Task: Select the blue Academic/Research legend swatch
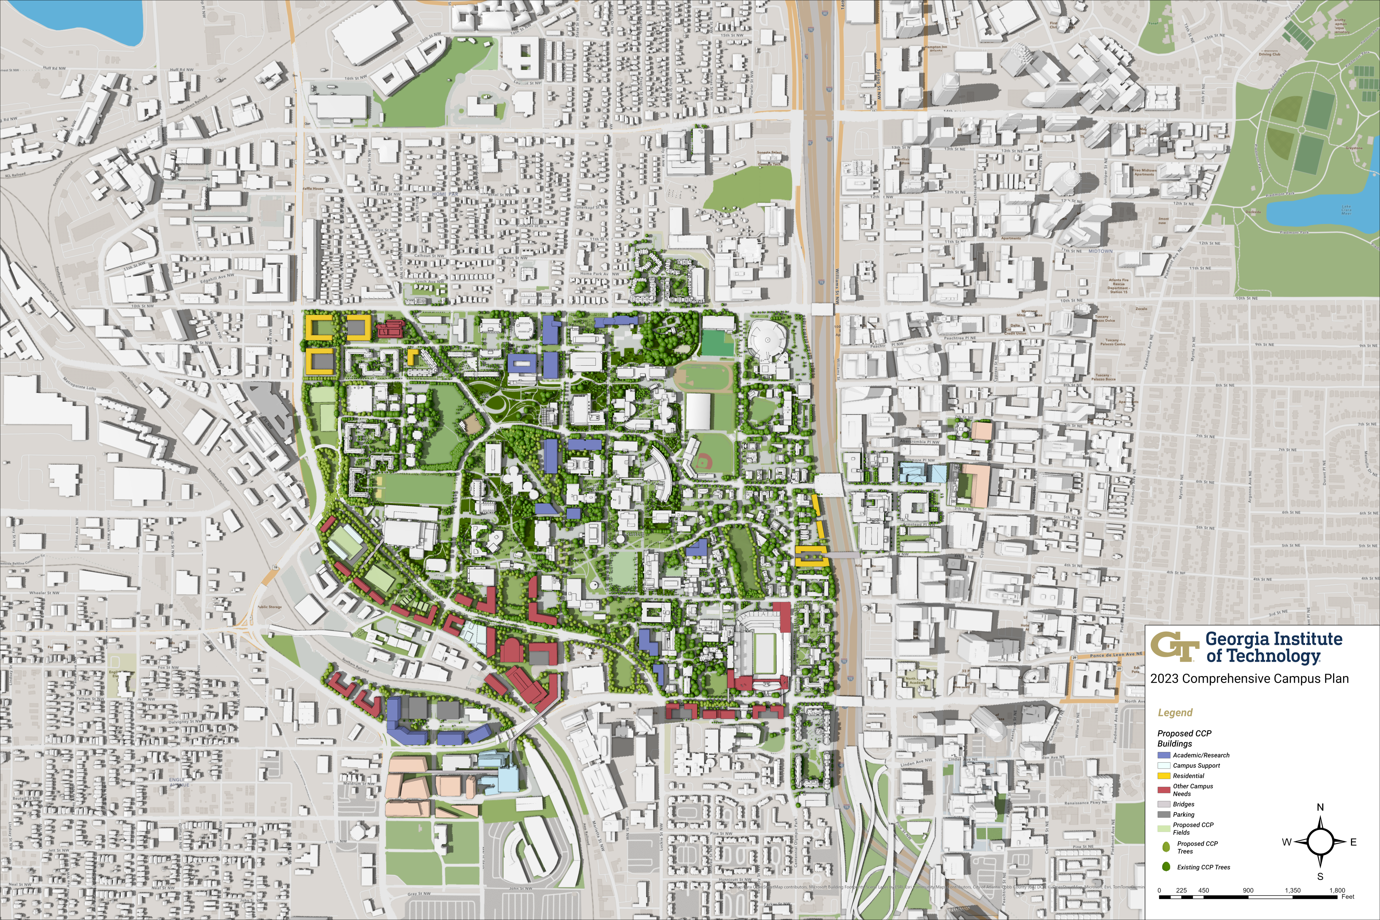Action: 1163,755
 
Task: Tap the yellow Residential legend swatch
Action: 1163,776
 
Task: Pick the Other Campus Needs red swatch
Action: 1163,790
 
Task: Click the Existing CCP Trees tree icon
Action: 1166,867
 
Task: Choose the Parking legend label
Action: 1183,814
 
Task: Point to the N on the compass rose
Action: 1320,807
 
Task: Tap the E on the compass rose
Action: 1353,842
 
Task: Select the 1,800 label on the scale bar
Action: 1337,890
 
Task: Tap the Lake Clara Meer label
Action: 1347,210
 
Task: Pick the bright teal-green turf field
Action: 717,343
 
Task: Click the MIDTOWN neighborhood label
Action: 1100,251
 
